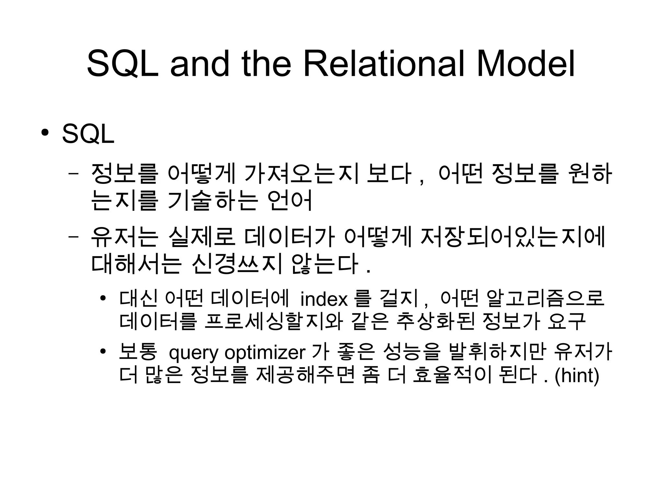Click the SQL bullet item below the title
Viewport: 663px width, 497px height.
point(88,134)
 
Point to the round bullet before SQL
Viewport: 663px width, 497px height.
point(45,133)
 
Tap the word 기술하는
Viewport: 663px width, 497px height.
point(212,200)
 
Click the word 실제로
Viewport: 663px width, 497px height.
point(202,237)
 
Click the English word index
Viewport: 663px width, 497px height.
point(324,299)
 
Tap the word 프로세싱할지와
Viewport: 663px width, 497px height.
point(274,322)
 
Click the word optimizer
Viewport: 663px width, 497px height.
point(265,353)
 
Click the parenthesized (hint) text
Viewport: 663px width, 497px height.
point(577,376)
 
